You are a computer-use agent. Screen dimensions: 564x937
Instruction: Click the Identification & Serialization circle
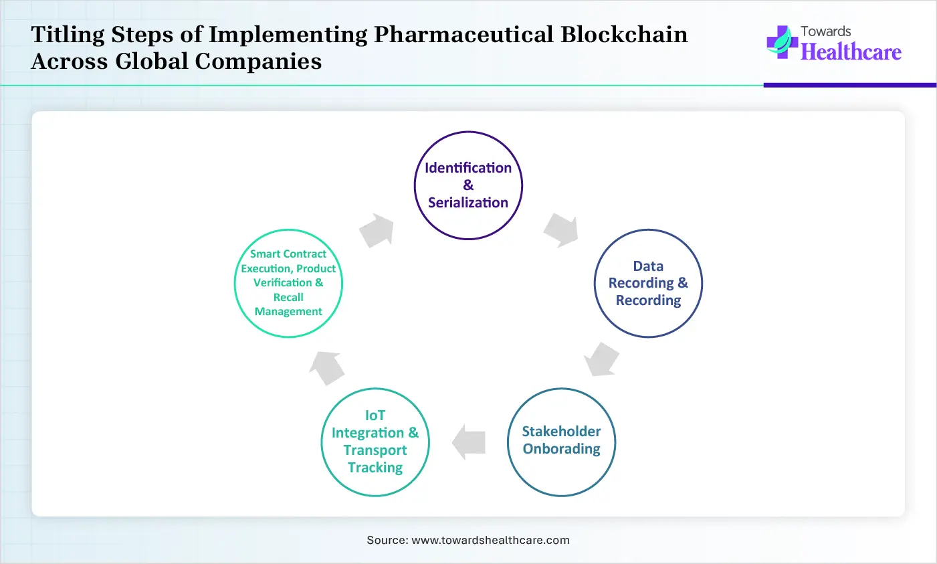(468, 185)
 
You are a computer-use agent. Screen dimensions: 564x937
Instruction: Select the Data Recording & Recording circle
(648, 284)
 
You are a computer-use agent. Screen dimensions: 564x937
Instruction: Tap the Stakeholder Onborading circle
(561, 441)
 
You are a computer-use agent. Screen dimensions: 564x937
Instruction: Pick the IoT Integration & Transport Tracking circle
(375, 442)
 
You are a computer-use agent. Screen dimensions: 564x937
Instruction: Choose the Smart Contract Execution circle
(288, 283)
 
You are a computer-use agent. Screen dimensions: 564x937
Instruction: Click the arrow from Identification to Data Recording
(560, 230)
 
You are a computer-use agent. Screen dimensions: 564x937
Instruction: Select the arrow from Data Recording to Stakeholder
(601, 359)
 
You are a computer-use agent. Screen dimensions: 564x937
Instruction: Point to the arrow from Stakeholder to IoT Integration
(469, 442)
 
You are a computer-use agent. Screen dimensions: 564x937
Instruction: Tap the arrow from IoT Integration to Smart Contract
(328, 367)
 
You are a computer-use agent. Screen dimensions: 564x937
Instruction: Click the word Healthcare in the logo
(851, 52)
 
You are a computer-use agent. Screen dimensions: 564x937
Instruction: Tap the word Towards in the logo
(826, 31)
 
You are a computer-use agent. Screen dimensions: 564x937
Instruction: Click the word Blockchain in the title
(624, 34)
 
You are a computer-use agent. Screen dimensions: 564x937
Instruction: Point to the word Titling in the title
(68, 34)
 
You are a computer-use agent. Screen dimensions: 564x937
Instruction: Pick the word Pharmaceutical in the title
(463, 34)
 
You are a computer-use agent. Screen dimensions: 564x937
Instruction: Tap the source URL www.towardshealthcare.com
(490, 540)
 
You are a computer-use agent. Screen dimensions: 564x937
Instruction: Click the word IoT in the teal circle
(375, 415)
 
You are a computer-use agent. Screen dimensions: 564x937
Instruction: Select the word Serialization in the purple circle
(468, 203)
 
